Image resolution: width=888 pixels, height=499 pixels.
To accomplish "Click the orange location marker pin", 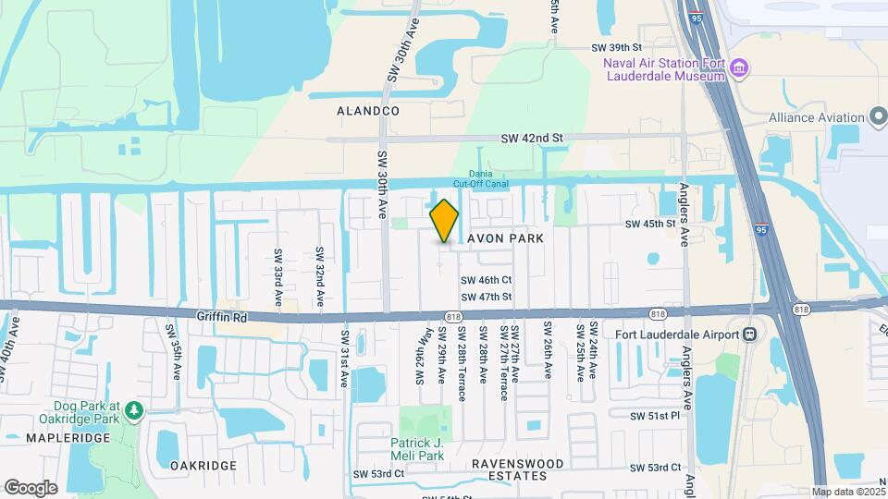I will click(445, 221).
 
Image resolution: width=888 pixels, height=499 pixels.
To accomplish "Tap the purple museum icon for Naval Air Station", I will click(739, 67).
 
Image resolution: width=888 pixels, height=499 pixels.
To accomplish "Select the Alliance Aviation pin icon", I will click(879, 117).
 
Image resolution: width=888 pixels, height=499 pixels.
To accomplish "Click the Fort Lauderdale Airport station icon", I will click(751, 334).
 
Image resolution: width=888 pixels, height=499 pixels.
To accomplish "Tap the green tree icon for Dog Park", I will click(136, 408).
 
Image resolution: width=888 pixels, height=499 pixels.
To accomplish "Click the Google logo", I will click(31, 488).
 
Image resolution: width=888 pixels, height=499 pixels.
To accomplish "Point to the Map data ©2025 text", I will click(848, 492).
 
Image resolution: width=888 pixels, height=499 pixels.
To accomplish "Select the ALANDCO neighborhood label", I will click(368, 111).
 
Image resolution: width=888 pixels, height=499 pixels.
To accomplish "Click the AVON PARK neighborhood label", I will click(505, 237).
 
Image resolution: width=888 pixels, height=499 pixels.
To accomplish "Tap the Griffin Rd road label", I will click(222, 316).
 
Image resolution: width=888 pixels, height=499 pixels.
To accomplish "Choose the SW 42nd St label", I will click(532, 138).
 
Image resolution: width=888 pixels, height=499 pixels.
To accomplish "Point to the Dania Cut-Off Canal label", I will click(480, 178).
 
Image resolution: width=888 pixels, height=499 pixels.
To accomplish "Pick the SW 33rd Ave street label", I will click(277, 277).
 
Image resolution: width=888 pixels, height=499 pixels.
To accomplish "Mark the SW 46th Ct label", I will click(487, 280).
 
